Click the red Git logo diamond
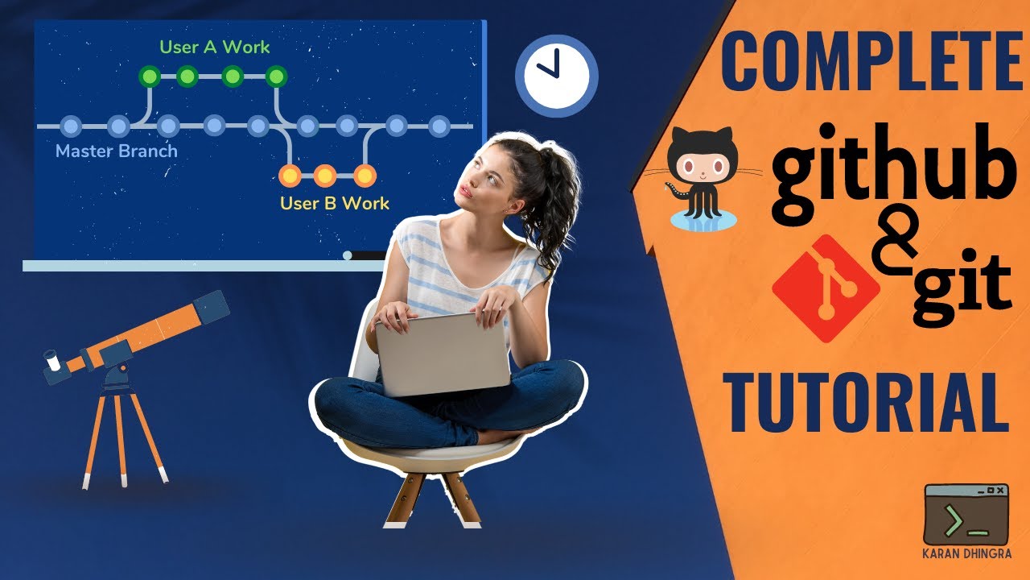[825, 288]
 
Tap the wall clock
[556, 72]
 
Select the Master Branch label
[117, 151]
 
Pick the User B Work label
[334, 203]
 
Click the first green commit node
[149, 77]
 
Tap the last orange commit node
[365, 175]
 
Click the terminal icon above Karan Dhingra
[966, 514]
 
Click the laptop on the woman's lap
[442, 354]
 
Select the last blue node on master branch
[439, 126]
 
